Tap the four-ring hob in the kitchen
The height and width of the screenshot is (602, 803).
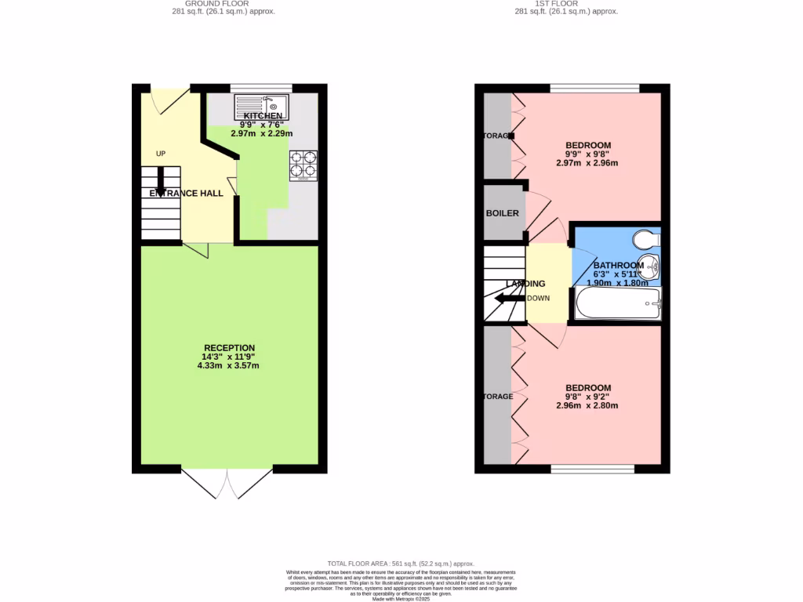point(303,165)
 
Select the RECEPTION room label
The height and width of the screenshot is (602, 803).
point(229,348)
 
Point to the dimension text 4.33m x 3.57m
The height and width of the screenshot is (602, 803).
point(229,365)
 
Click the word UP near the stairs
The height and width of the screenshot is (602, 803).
point(161,154)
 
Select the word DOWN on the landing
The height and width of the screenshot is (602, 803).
point(539,299)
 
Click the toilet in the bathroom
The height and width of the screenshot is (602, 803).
point(648,238)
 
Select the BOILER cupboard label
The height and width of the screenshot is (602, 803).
point(503,213)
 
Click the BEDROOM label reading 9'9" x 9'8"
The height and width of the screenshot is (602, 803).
point(588,145)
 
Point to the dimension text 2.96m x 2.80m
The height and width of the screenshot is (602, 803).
point(587,406)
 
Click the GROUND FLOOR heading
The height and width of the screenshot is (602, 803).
point(223,4)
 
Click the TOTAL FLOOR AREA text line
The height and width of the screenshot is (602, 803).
point(401,564)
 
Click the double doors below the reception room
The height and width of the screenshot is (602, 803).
point(227,484)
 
